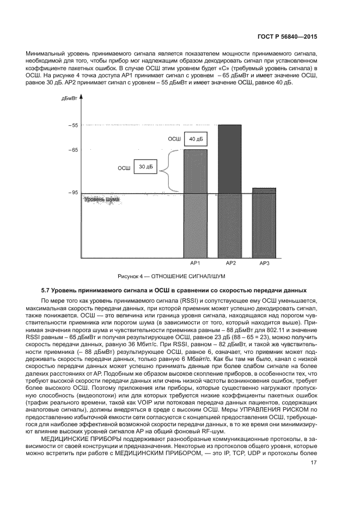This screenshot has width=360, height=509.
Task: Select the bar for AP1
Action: [x=196, y=201]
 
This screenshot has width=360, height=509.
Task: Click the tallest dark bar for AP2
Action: [x=230, y=191]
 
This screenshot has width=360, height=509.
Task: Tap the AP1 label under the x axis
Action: [x=196, y=263]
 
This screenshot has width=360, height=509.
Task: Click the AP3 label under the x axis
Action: [x=264, y=263]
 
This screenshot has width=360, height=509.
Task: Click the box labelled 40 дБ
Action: [x=194, y=140]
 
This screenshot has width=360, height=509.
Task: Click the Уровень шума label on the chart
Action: [x=101, y=200]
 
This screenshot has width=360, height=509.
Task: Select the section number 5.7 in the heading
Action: [x=47, y=289]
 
